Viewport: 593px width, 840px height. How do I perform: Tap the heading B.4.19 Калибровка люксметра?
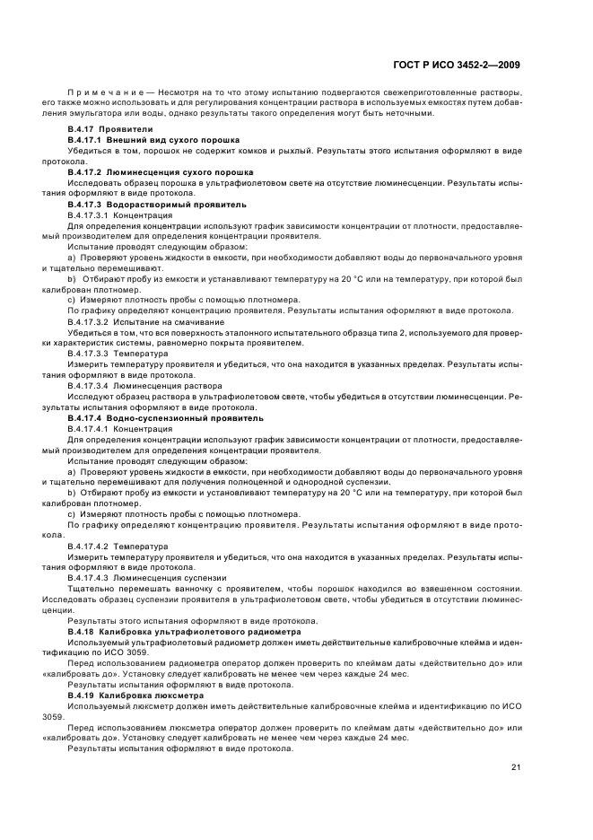point(135,696)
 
